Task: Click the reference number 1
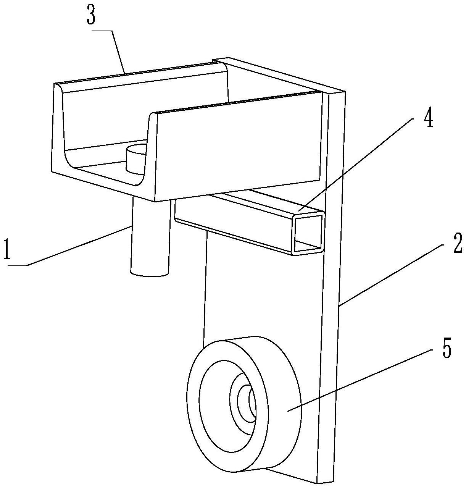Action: (6, 249)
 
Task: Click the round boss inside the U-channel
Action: (135, 158)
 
